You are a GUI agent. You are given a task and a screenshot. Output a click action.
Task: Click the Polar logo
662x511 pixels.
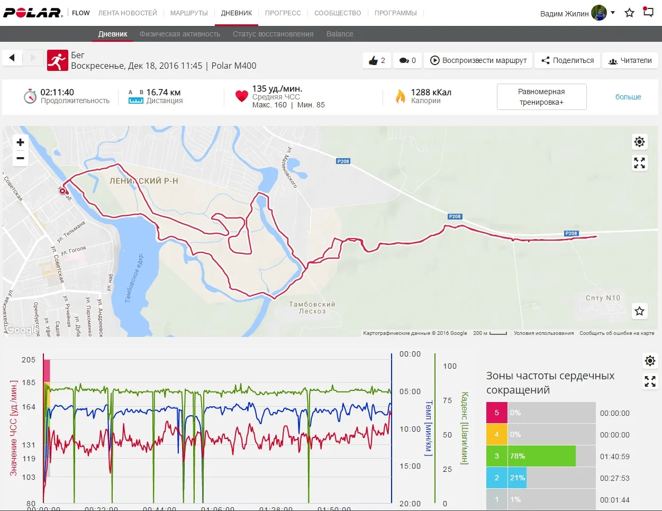pyautogui.click(x=33, y=13)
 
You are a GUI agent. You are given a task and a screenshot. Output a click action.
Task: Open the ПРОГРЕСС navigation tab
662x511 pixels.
pyautogui.click(x=283, y=13)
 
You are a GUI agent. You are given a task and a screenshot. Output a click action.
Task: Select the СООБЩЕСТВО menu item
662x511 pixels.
pyautogui.click(x=338, y=13)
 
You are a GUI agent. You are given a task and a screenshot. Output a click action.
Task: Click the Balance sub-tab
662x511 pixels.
pyautogui.click(x=340, y=34)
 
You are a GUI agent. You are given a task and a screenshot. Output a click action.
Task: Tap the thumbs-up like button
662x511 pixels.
pyautogui.click(x=377, y=60)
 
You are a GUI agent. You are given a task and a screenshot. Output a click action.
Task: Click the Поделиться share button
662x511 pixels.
pyautogui.click(x=568, y=60)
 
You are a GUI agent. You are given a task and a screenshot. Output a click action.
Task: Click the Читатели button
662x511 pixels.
pyautogui.click(x=630, y=60)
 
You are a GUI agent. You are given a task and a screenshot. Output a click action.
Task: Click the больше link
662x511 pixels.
pyautogui.click(x=628, y=97)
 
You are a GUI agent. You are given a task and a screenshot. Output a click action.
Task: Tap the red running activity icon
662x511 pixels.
pyautogui.click(x=57, y=60)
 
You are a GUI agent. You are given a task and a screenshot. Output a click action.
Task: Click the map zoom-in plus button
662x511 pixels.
pyautogui.click(x=20, y=142)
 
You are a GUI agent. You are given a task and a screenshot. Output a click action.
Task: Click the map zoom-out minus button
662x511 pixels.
pyautogui.click(x=20, y=158)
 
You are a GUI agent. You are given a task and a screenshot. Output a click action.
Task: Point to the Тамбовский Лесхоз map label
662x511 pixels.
pyautogui.click(x=312, y=307)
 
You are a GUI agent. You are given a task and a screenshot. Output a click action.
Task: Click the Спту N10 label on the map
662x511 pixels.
pyautogui.click(x=603, y=298)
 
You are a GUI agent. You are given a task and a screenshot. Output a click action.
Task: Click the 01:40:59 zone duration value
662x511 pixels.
pyautogui.click(x=614, y=457)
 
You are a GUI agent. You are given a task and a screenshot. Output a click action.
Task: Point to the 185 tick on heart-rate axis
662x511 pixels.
pyautogui.click(x=29, y=382)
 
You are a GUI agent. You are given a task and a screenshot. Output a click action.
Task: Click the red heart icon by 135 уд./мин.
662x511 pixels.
pyautogui.click(x=242, y=96)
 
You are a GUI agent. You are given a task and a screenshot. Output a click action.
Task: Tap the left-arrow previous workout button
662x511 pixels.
pyautogui.click(x=12, y=57)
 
